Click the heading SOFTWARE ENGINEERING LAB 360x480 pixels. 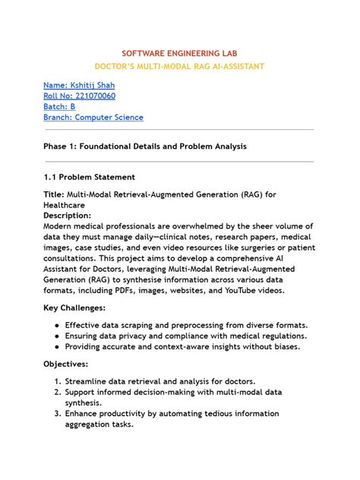179,55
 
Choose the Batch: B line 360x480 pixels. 59,106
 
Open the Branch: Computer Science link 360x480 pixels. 93,118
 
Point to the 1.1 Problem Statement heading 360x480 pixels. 89,176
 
